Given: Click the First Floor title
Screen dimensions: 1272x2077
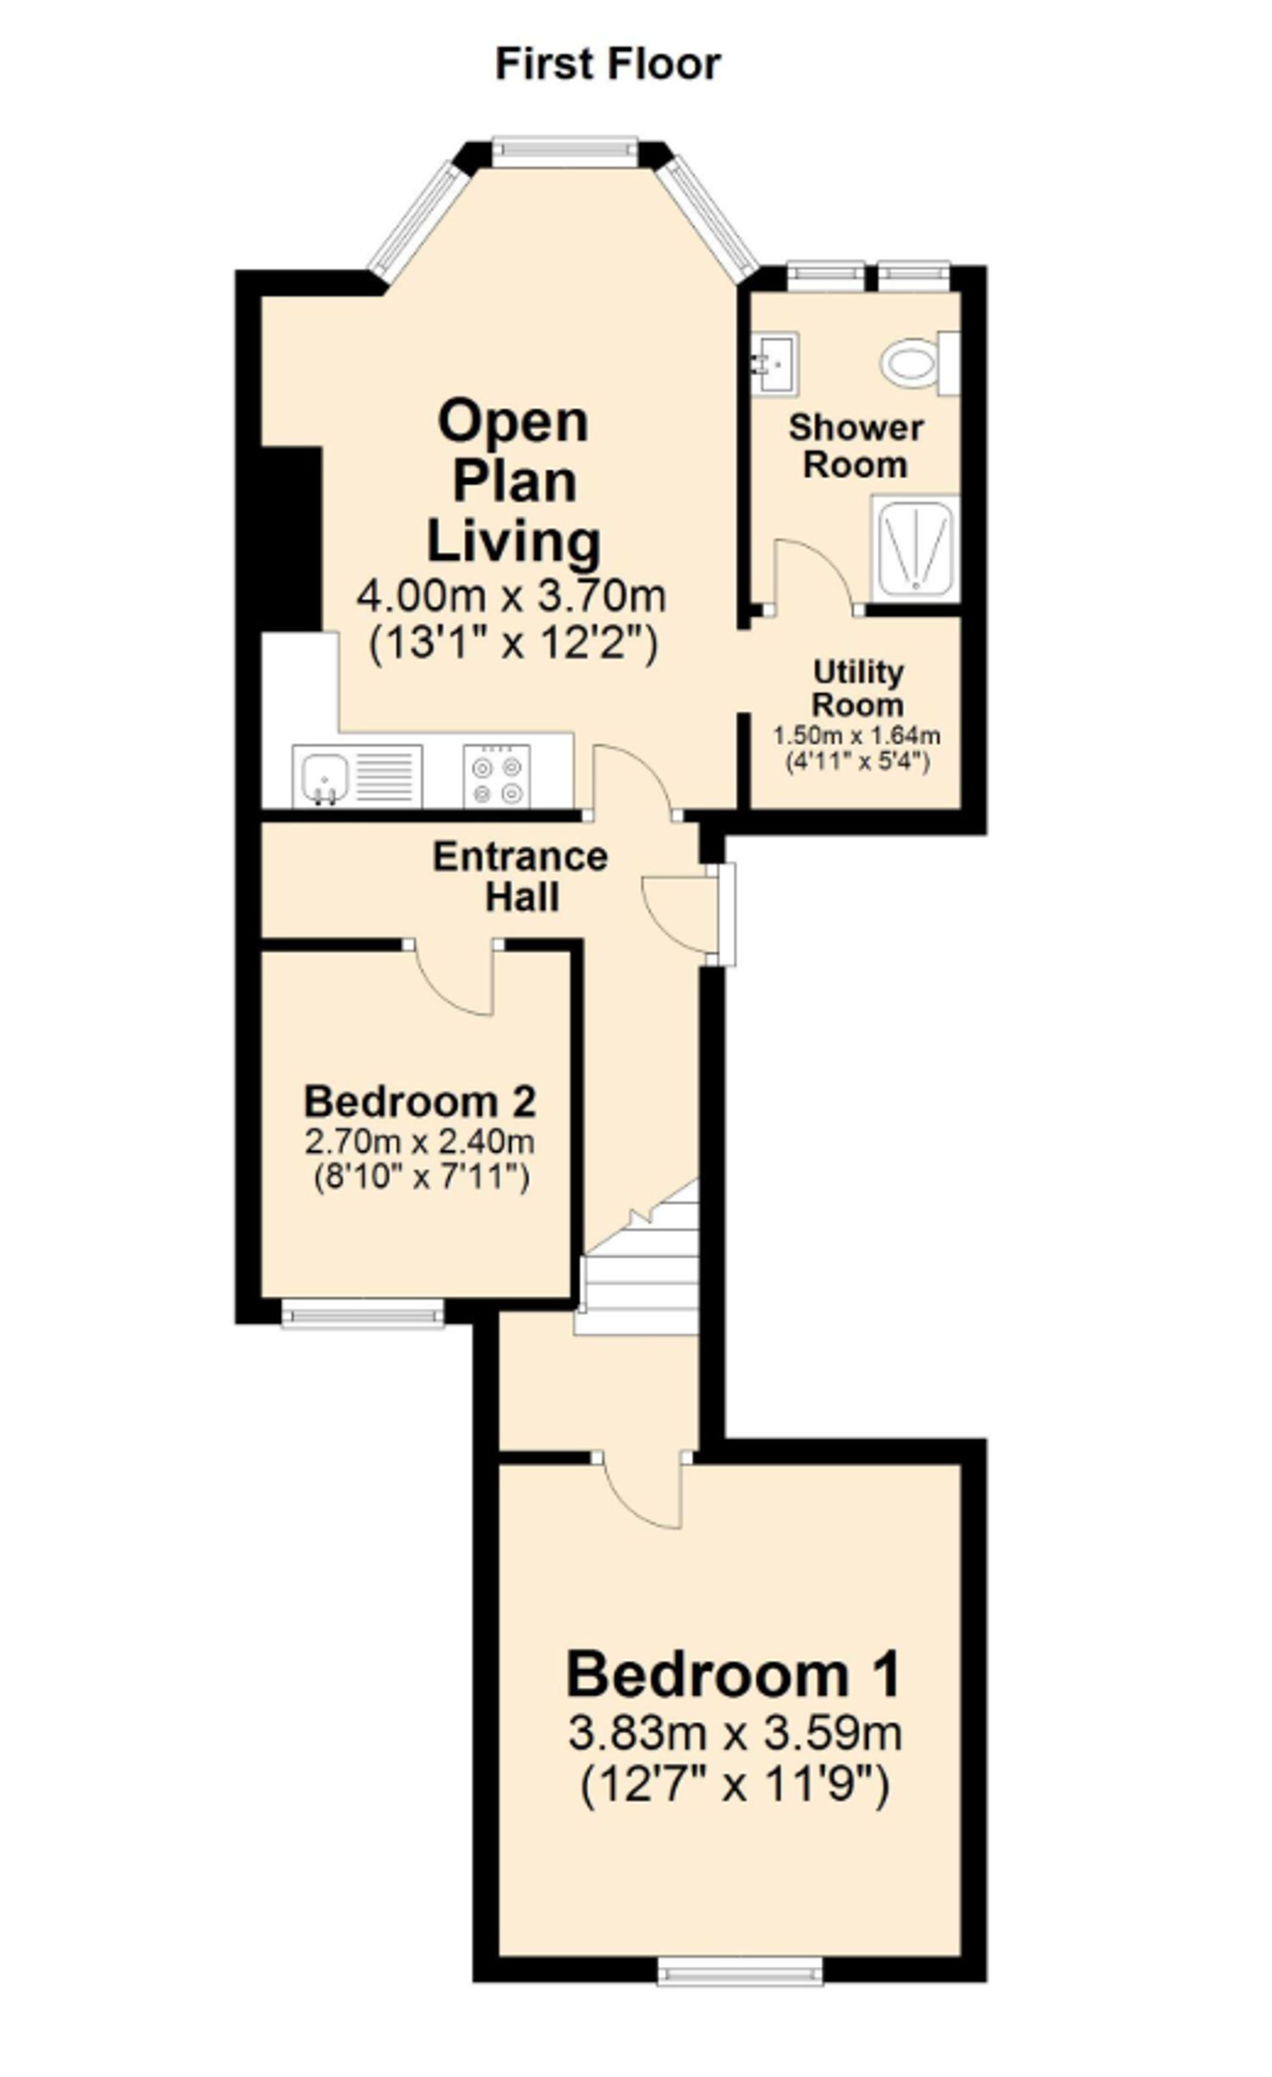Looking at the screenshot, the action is (x=608, y=65).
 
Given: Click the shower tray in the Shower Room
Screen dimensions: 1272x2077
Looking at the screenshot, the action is (x=915, y=549).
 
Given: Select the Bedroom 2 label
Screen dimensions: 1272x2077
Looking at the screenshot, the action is (x=420, y=1102).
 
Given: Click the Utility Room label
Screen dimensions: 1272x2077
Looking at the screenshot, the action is (x=858, y=688).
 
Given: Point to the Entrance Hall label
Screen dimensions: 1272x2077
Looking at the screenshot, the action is (x=521, y=877).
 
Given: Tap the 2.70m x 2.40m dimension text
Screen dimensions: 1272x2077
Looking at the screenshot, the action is (x=420, y=1142).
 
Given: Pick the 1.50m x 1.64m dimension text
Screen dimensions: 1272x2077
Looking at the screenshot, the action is (x=857, y=735).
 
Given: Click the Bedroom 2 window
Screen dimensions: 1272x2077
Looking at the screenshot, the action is (x=363, y=1313).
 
